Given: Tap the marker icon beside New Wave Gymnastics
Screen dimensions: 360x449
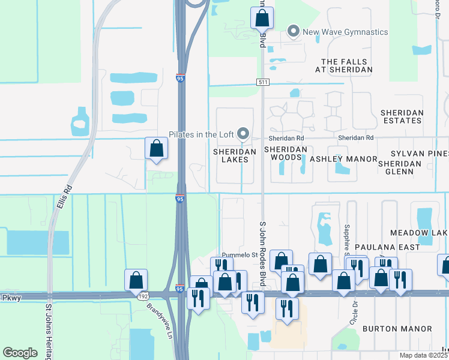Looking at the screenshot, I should tap(294, 31).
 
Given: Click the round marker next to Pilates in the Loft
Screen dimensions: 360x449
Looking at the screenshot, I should tap(243, 134).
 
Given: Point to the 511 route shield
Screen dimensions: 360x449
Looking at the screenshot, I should tap(265, 82).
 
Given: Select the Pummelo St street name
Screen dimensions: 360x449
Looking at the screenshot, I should tap(222, 254).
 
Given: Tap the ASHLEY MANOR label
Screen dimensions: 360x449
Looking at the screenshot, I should tap(343, 159).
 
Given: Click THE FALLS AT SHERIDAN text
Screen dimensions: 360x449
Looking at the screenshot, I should tap(347, 65).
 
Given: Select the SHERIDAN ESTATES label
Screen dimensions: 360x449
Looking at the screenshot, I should tap(402, 116).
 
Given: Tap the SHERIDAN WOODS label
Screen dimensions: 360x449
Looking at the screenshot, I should tap(286, 153).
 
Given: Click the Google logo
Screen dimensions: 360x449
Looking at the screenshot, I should tap(20, 353).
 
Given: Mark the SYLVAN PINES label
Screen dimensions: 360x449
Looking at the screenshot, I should tap(420, 154).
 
